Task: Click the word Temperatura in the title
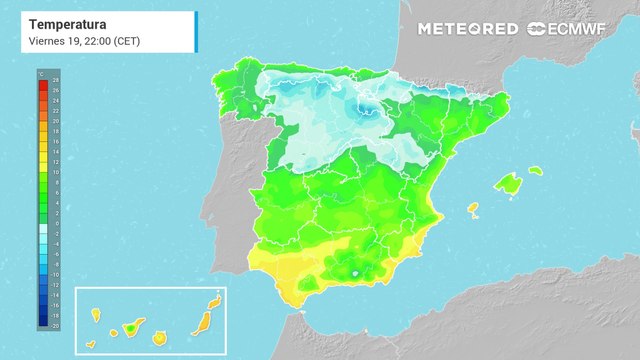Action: [67, 22]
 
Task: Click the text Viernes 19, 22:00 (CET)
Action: [85, 40]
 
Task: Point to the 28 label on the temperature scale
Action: [55, 80]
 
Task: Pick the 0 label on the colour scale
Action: [55, 224]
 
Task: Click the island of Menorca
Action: [535, 171]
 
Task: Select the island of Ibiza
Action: [473, 209]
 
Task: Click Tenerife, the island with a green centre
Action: [129, 326]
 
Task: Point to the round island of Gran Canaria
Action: [158, 338]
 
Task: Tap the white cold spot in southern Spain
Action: [355, 272]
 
